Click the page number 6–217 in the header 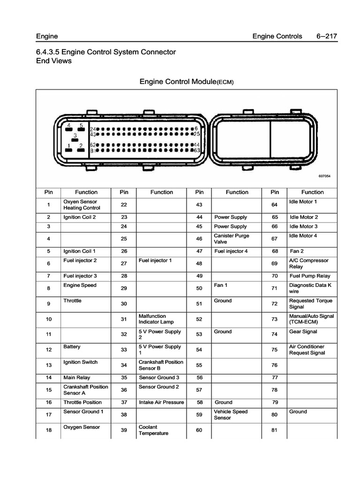[327, 37]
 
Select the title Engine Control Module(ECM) [186, 82]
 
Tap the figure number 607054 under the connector [324, 176]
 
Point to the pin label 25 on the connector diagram [197, 134]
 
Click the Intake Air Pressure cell [161, 402]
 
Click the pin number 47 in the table [199, 251]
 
